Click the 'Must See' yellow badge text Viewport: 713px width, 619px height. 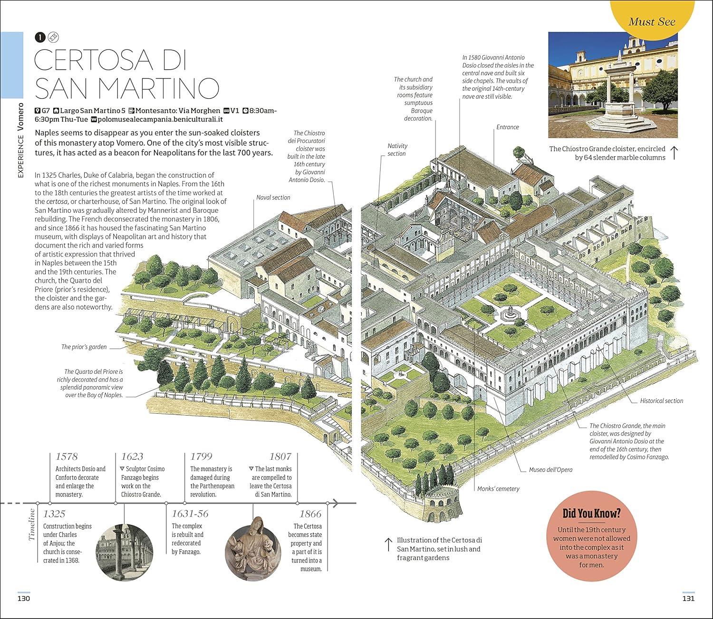(x=652, y=22)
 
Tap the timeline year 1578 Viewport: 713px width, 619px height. (x=67, y=457)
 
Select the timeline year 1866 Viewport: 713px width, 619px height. (x=310, y=514)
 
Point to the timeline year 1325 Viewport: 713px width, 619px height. (x=54, y=514)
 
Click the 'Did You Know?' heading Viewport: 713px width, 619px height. (x=591, y=514)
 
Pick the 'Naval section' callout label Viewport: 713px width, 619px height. (x=273, y=198)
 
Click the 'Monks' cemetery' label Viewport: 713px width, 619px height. (x=498, y=489)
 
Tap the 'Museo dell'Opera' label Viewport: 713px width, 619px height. (x=550, y=470)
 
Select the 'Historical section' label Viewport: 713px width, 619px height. (x=661, y=401)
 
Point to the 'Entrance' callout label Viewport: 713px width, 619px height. (x=508, y=127)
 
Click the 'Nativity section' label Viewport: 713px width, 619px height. (x=397, y=150)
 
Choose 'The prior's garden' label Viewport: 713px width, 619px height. (x=84, y=347)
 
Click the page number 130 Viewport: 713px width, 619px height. (x=24, y=599)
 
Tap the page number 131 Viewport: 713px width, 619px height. (x=688, y=599)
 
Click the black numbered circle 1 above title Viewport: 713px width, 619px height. (x=40, y=37)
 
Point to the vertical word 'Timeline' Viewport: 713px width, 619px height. (x=32, y=524)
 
